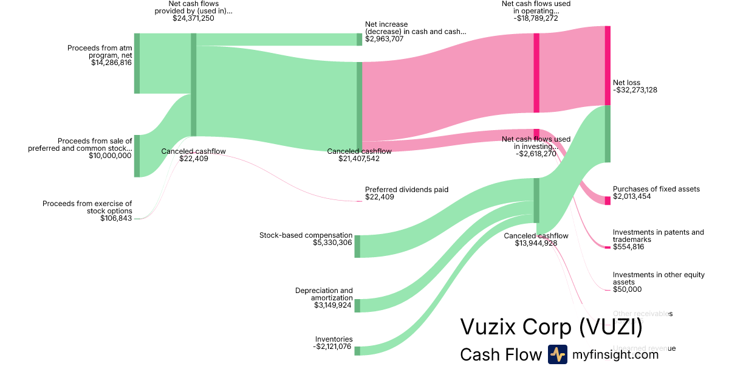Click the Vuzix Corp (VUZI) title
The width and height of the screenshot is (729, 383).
pos(551,326)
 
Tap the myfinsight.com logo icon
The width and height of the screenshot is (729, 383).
pos(557,354)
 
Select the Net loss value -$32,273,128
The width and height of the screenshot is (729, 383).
pos(635,90)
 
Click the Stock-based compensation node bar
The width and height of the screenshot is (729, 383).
pos(357,246)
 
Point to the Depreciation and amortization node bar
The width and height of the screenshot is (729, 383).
pos(357,305)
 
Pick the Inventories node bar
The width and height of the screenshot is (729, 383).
pos(357,351)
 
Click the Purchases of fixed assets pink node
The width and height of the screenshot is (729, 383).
pos(607,201)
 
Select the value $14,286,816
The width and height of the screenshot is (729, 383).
pos(111,62)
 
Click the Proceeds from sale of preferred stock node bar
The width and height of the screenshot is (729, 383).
pos(137,156)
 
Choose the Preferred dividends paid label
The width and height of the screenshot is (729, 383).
pos(406,190)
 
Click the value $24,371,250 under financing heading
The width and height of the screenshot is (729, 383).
pos(193,18)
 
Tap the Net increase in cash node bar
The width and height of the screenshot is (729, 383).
pos(359,40)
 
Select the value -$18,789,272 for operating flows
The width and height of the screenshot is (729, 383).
pos(536,18)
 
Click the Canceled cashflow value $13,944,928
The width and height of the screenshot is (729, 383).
pos(536,243)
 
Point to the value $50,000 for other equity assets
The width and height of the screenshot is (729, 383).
pos(627,289)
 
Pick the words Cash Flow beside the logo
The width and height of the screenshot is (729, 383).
pos(501,354)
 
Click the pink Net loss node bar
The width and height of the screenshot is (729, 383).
pos(607,66)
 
